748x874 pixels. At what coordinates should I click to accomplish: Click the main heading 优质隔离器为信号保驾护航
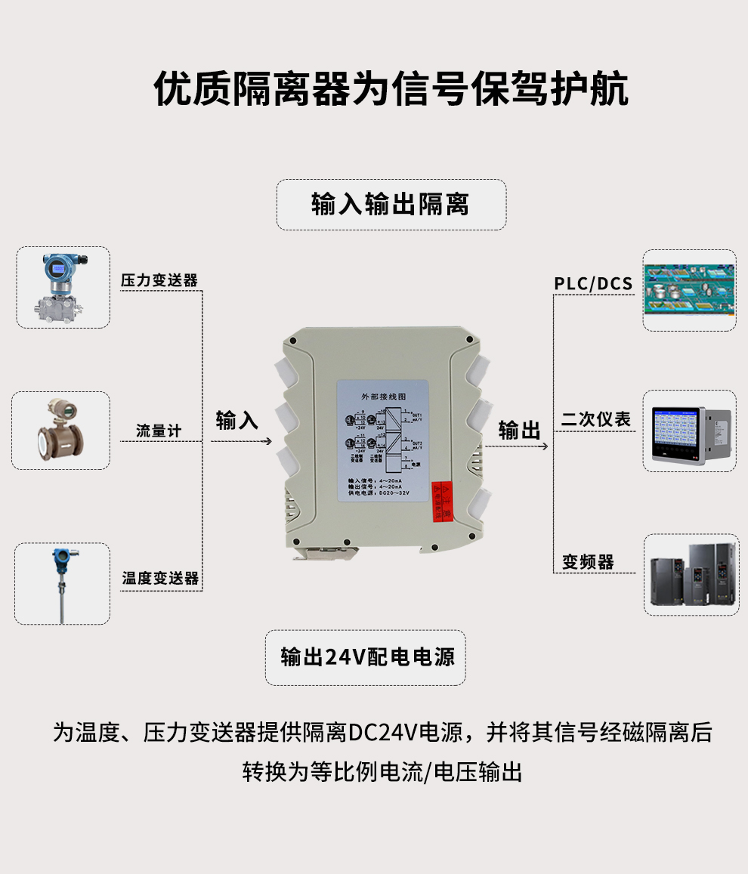[x=391, y=90]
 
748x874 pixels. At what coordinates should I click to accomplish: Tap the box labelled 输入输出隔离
[x=391, y=205]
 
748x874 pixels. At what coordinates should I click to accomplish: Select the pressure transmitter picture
[x=63, y=287]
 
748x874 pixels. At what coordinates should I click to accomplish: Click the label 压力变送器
[x=159, y=280]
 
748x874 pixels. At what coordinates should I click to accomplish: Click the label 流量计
[x=159, y=431]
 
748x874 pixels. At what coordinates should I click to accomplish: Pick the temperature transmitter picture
[x=62, y=583]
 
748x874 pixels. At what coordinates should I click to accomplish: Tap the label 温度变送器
[x=160, y=579]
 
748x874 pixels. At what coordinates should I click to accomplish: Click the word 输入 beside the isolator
[x=237, y=421]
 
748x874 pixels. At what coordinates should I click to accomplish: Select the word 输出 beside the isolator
[x=519, y=431]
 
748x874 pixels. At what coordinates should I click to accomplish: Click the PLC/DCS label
[x=593, y=284]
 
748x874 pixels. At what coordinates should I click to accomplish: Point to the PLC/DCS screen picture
[x=689, y=290]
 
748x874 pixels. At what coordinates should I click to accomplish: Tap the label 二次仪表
[x=596, y=420]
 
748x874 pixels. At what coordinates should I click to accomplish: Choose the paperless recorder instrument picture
[x=689, y=431]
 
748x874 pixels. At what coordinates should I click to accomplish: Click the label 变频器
[x=588, y=562]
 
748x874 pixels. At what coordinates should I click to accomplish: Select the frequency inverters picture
[x=689, y=574]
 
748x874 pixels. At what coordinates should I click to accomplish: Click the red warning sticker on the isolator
[x=441, y=501]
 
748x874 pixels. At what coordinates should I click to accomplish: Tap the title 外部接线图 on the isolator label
[x=383, y=396]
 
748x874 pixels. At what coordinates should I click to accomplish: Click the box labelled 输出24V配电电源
[x=366, y=657]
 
